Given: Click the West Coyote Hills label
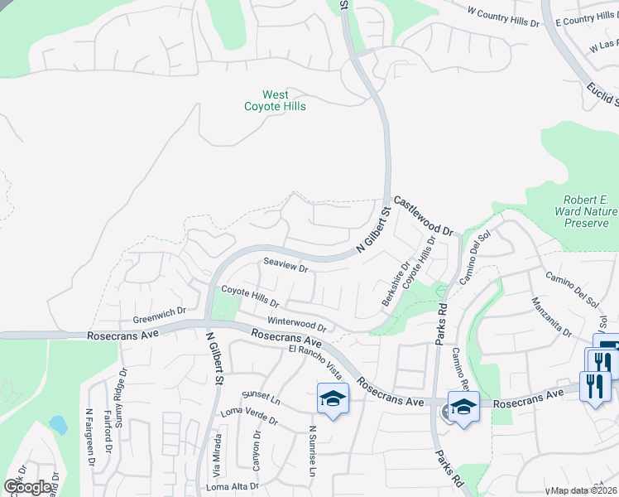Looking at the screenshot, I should (x=275, y=101).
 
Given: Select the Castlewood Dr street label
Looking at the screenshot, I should (x=425, y=216).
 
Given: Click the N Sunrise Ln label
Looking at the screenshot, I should (x=312, y=451).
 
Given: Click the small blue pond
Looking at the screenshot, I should (x=58, y=425).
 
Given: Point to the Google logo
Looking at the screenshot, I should (x=27, y=487).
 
